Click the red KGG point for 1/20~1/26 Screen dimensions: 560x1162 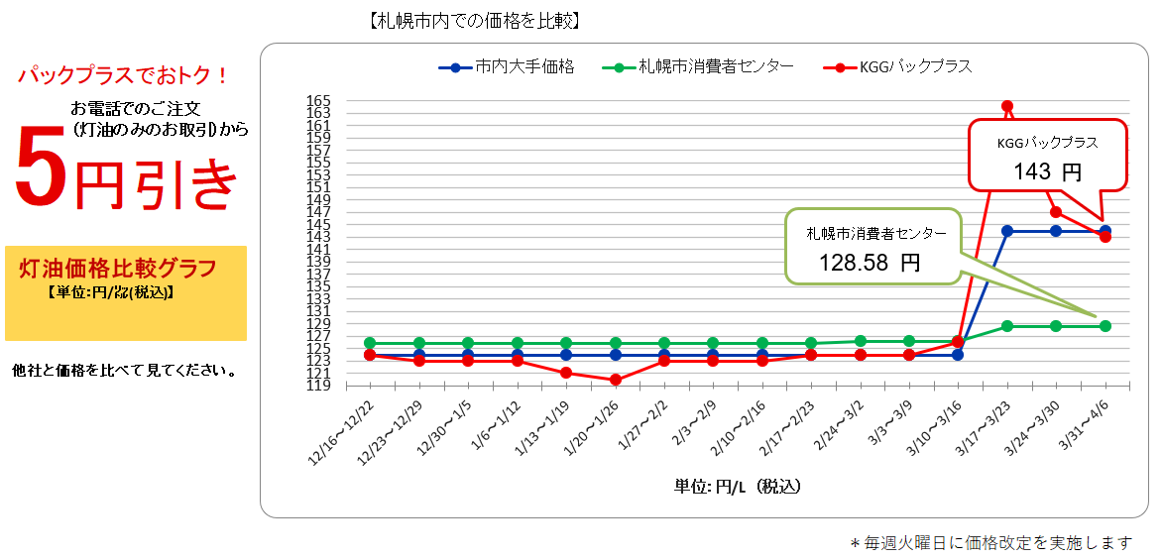(x=616, y=380)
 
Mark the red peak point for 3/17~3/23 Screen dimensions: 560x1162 (x=1007, y=106)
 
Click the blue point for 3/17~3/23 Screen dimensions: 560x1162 (x=1007, y=231)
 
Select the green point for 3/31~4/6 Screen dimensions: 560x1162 (x=1105, y=326)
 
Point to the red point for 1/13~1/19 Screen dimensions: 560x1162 (x=566, y=373)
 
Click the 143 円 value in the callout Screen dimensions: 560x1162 (x=1047, y=172)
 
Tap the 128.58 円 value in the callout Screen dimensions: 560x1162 (x=870, y=263)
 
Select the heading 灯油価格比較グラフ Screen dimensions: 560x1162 (x=118, y=269)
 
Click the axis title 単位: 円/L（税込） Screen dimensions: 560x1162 (x=738, y=487)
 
